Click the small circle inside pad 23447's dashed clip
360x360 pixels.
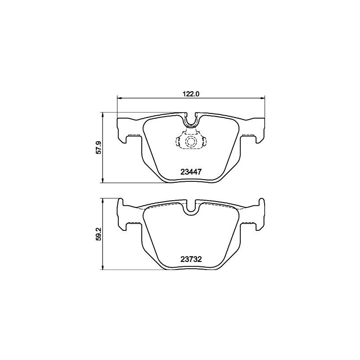point(191,142)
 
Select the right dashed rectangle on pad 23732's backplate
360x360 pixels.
point(247,222)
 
